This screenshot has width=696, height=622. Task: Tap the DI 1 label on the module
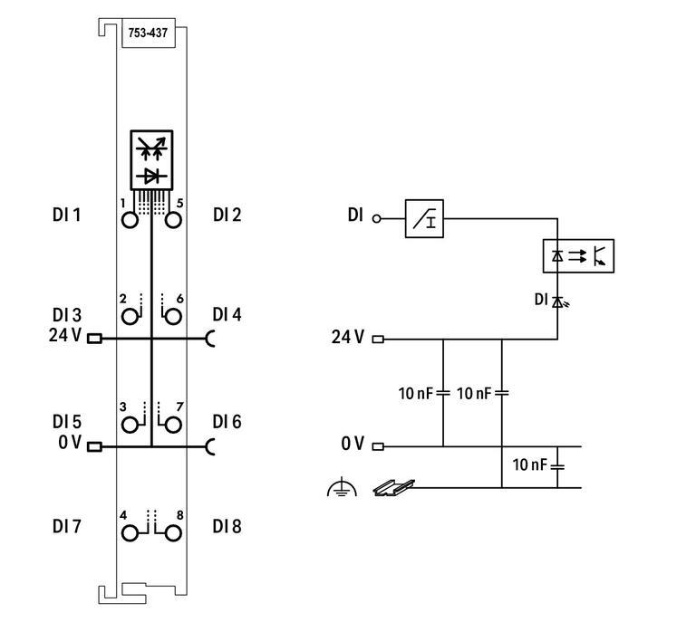66,215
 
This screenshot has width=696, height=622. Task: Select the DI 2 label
227,215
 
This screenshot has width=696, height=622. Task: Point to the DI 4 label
227,315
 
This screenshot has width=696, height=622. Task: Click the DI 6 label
227,422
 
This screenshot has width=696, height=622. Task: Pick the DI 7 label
66,526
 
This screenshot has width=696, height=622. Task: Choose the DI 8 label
227,526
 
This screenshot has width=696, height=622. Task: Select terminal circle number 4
130,531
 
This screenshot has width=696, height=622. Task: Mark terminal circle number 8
173,531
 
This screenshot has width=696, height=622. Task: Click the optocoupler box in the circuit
577,256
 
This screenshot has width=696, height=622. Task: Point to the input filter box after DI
424,219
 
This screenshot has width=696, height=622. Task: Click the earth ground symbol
341,489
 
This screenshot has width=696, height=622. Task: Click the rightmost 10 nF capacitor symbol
557,466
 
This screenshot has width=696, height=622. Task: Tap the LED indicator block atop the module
151,160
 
